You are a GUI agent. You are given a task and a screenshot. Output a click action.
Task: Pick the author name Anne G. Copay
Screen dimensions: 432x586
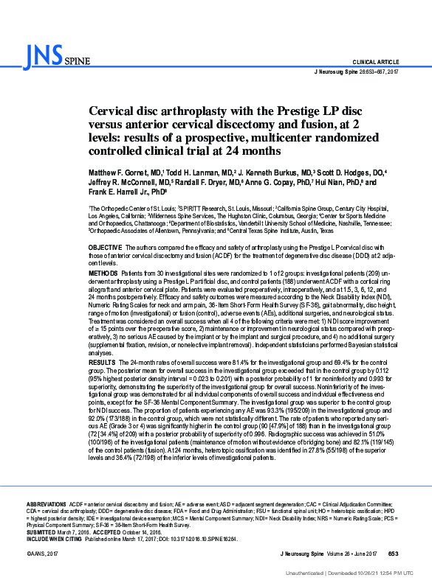pyautogui.click(x=267, y=182)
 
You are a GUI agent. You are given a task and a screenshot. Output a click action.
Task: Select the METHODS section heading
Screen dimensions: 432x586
pyautogui.click(x=103, y=273)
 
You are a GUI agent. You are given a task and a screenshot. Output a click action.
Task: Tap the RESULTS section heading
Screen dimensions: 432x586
pyautogui.click(x=102, y=363)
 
